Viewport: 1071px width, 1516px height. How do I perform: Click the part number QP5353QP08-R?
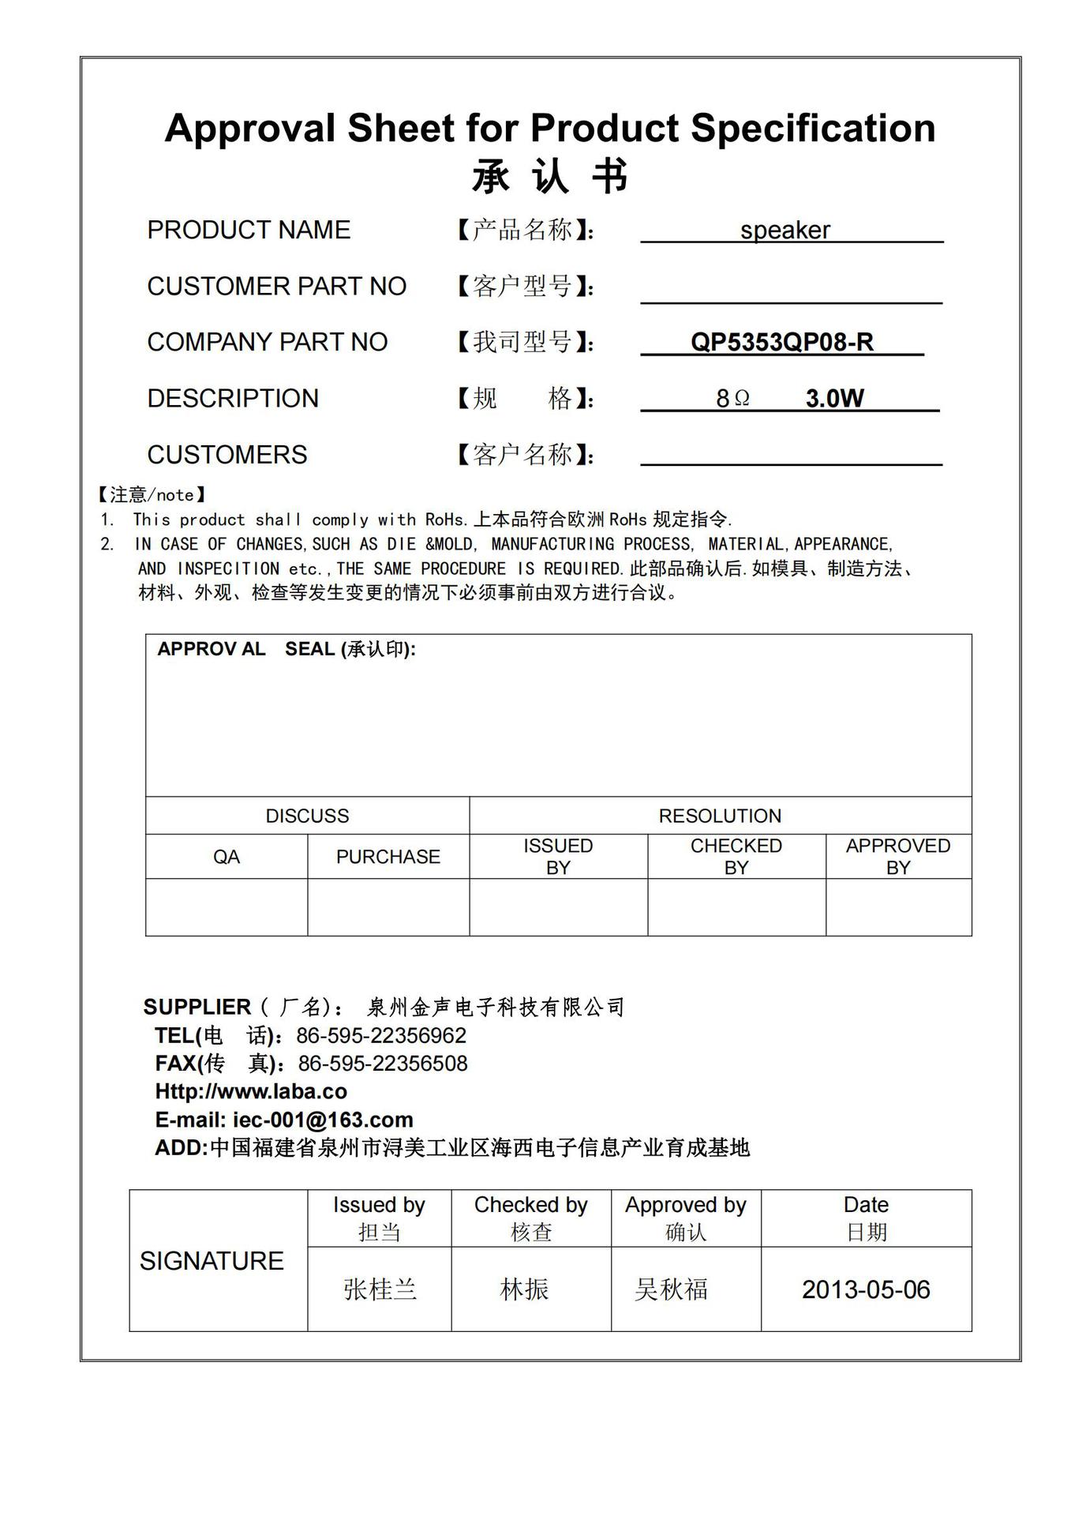pyautogui.click(x=781, y=342)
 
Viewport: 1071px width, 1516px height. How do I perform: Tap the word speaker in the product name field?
pyautogui.click(x=785, y=230)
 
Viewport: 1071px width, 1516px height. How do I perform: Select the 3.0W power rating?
pyautogui.click(x=834, y=398)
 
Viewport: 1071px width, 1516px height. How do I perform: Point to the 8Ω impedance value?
pyautogui.click(x=732, y=399)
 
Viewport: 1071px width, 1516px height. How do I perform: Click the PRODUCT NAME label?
pyautogui.click(x=249, y=230)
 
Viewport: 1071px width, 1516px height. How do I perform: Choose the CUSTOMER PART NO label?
pyautogui.click(x=276, y=286)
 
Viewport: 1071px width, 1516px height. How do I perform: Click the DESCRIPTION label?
pyautogui.click(x=233, y=398)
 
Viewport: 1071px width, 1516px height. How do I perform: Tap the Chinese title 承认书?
pyautogui.click(x=550, y=175)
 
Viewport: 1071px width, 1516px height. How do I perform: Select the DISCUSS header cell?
pyautogui.click(x=307, y=816)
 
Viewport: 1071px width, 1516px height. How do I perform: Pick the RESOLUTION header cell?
pyautogui.click(x=720, y=816)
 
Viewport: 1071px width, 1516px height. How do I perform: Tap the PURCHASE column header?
pyautogui.click(x=388, y=857)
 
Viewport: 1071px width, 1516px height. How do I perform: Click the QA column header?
pyautogui.click(x=227, y=857)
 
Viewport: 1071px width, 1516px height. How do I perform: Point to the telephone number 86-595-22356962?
pyautogui.click(x=381, y=1035)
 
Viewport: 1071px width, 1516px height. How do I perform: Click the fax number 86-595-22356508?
pyautogui.click(x=383, y=1064)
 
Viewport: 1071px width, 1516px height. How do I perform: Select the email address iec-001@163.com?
pyautogui.click(x=323, y=1120)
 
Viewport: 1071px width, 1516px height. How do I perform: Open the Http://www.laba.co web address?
pyautogui.click(x=251, y=1091)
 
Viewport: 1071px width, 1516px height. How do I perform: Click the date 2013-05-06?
pyautogui.click(x=866, y=1289)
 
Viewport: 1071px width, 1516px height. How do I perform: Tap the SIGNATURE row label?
pyautogui.click(x=212, y=1261)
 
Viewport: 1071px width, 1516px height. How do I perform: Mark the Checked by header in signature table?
pyautogui.click(x=530, y=1205)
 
